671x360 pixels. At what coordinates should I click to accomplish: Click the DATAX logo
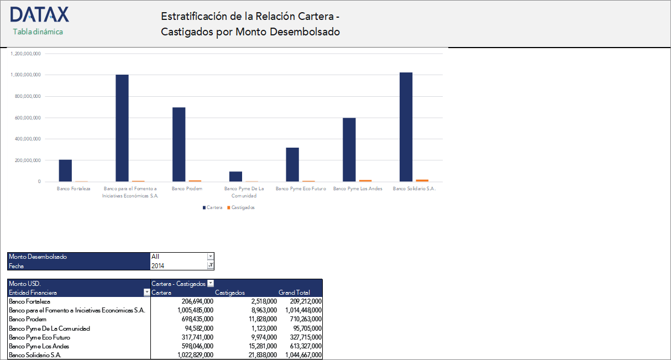[39, 14]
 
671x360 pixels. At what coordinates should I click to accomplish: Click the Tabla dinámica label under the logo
[38, 32]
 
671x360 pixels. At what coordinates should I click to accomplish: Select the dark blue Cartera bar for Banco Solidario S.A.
[406, 127]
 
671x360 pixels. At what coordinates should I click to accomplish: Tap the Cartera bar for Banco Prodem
[179, 144]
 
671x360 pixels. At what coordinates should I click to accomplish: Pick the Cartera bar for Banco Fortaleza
[65, 170]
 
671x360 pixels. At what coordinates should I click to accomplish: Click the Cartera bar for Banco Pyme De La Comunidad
[235, 176]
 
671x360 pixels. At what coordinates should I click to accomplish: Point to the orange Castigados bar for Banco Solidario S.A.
[422, 180]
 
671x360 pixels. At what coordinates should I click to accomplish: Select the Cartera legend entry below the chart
[214, 208]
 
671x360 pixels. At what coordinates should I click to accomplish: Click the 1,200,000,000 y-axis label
[26, 54]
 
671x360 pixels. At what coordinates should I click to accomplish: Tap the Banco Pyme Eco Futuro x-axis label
[301, 189]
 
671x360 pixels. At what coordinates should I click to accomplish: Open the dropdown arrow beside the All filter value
[210, 257]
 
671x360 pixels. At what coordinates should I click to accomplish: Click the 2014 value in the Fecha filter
[158, 266]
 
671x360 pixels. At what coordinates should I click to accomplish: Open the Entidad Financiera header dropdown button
[146, 293]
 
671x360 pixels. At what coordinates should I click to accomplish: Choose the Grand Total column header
[294, 293]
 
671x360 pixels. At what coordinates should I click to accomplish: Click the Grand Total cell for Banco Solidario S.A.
[302, 355]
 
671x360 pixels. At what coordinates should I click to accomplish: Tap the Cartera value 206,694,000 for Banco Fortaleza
[197, 301]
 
